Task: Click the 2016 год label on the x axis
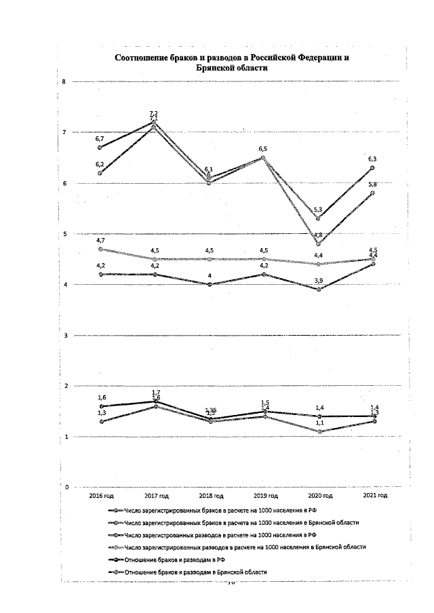click(102, 496)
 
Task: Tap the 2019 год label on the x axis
click(263, 496)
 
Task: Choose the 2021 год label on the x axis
click(374, 496)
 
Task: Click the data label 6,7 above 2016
click(100, 138)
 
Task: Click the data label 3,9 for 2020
click(317, 281)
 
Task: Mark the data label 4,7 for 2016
click(100, 241)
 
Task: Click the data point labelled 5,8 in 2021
click(372, 193)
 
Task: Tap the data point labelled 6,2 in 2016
click(100, 173)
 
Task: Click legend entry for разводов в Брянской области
click(244, 547)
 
